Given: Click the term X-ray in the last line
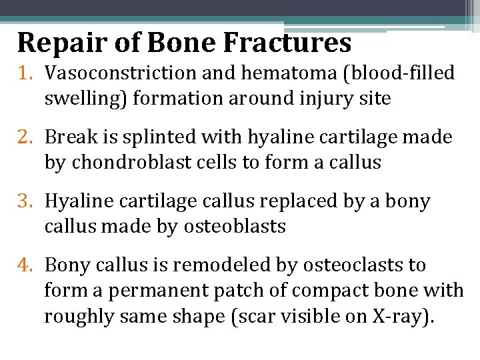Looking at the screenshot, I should pos(400,317).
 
